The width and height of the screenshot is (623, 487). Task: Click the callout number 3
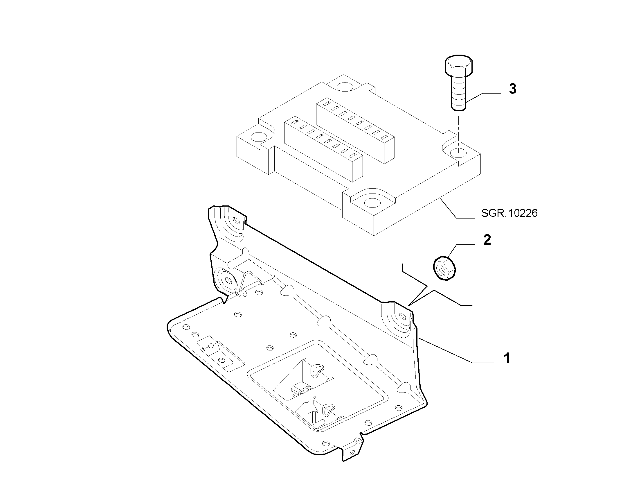(513, 89)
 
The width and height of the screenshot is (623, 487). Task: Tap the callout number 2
(487, 240)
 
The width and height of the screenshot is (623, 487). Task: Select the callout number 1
(507, 358)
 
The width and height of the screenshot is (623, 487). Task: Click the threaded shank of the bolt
(459, 92)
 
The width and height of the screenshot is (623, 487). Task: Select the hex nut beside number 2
(444, 268)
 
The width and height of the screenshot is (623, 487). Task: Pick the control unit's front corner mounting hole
(372, 203)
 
